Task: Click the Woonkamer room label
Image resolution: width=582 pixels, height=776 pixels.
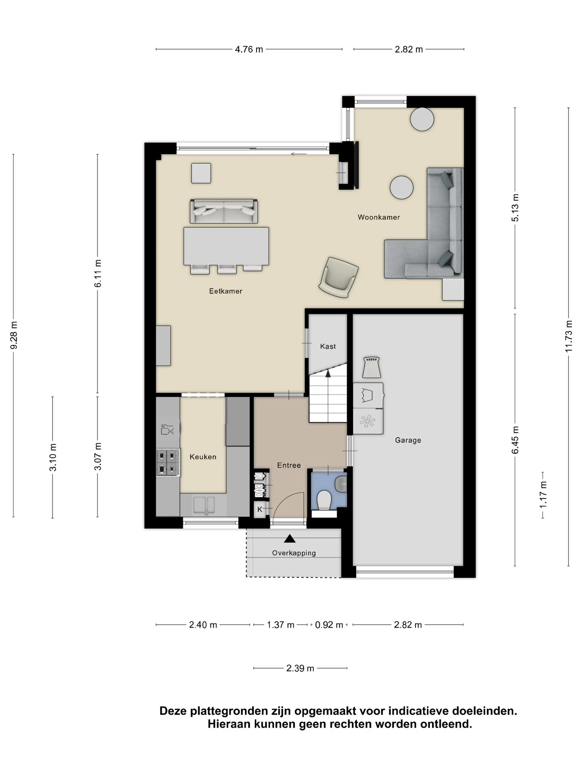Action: click(x=379, y=217)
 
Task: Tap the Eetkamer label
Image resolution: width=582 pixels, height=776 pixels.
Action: click(x=226, y=291)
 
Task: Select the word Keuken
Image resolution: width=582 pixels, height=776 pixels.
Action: click(x=203, y=457)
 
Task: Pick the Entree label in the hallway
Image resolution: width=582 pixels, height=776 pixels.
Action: click(x=289, y=465)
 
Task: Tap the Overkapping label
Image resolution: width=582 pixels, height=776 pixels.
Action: click(x=294, y=553)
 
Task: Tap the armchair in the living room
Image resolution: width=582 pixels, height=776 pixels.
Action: click(x=338, y=277)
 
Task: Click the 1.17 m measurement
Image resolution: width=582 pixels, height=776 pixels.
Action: click(x=543, y=495)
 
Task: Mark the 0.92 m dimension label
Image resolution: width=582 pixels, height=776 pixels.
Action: click(x=329, y=625)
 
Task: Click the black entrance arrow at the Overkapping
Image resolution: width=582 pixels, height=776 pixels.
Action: click(x=289, y=538)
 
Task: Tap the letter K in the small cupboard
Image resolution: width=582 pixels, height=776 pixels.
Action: click(x=260, y=509)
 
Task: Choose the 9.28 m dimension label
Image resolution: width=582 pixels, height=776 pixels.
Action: click(x=14, y=335)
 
